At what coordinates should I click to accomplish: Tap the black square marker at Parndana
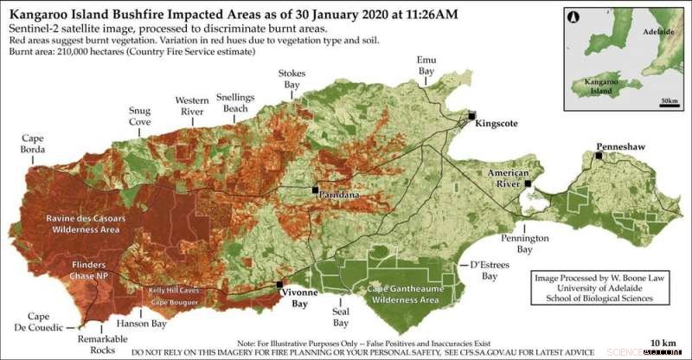click(316, 188)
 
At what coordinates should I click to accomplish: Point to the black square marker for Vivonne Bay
click(279, 284)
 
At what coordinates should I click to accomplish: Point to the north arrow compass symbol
click(573, 17)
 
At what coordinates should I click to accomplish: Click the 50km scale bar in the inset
click(669, 100)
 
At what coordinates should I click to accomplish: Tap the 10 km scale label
click(663, 344)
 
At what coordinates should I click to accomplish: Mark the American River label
click(508, 178)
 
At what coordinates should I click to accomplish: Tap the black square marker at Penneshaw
click(598, 157)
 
